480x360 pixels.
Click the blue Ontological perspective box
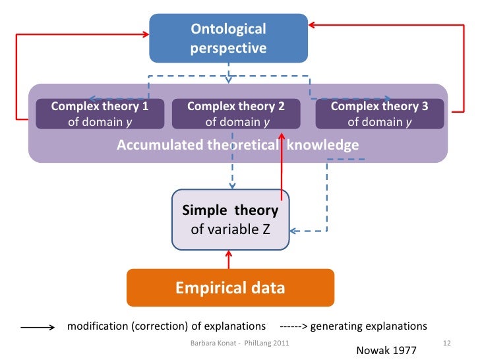[229, 38]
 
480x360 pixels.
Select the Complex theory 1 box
[100, 113]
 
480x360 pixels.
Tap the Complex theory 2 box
[235, 113]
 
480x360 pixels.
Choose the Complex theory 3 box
[380, 113]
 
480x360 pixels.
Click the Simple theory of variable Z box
[230, 220]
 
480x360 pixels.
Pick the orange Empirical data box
[230, 288]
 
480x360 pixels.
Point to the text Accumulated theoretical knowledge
[237, 145]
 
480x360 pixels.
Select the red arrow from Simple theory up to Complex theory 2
[282, 165]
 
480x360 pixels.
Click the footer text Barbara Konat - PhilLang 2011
[239, 344]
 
